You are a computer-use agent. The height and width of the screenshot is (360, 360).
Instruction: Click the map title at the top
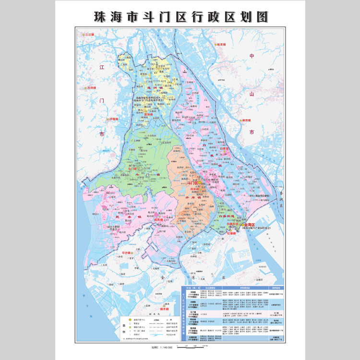180,16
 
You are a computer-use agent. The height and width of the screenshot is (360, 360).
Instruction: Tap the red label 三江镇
90,35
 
